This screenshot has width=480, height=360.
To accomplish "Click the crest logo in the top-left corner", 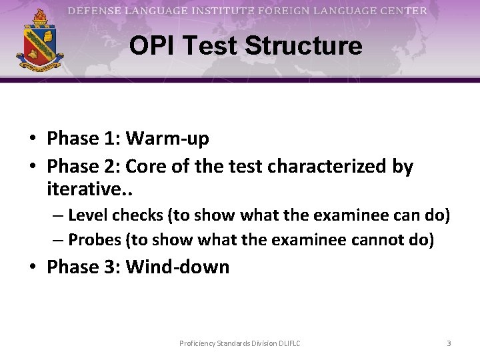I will coord(40,41).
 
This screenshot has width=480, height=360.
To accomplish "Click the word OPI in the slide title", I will coord(150,46).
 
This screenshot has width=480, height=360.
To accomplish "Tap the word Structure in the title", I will coord(303,46).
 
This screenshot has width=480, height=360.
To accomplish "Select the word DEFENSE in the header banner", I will coord(94,11).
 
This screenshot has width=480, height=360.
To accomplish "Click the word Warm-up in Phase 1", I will coord(167,139).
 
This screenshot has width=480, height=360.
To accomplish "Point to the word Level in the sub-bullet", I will coord(87,216).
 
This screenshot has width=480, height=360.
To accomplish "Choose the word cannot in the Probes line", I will coord(372,240).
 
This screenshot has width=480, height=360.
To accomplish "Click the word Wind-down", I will coord(177,267).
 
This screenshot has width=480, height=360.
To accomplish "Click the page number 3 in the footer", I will coord(449,343).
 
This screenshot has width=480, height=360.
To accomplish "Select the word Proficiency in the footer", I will coord(198,343).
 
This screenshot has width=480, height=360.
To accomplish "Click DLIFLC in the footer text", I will coord(287,343).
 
